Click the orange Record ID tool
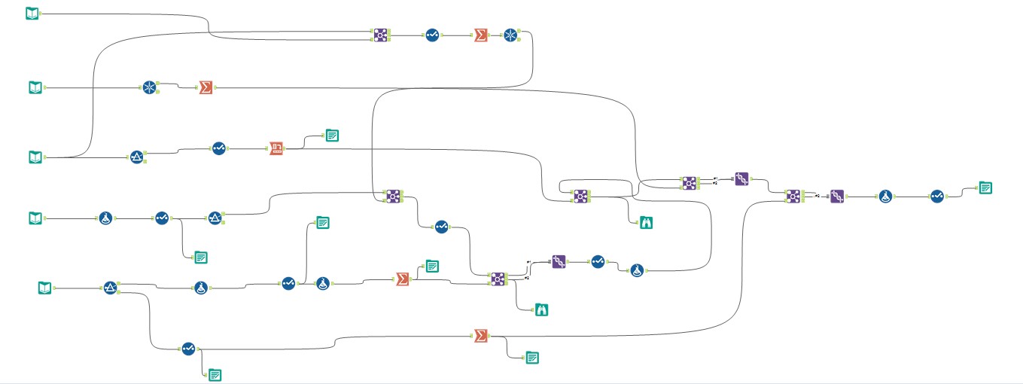click(x=276, y=148)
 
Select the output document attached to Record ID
click(x=332, y=136)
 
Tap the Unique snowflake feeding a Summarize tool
click(x=150, y=87)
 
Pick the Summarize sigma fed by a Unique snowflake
click(x=204, y=88)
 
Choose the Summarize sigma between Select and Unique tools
click(x=480, y=35)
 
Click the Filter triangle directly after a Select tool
click(x=215, y=218)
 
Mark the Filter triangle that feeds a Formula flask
click(x=111, y=288)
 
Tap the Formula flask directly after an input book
click(x=106, y=218)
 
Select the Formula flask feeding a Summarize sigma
click(x=323, y=282)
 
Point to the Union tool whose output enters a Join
click(x=741, y=179)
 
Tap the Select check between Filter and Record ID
click(x=218, y=149)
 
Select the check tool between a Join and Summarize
click(x=431, y=35)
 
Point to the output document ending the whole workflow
click(x=985, y=187)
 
